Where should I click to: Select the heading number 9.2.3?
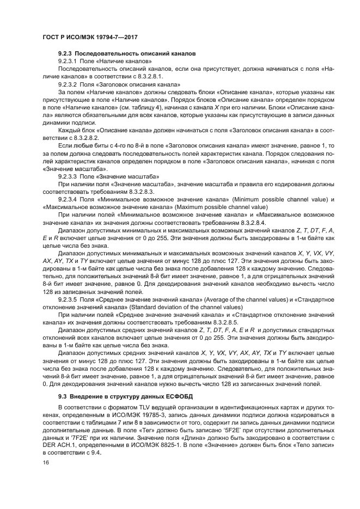(x=65, y=55)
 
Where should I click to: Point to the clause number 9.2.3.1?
(x=68, y=62)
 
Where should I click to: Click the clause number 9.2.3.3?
(x=68, y=177)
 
